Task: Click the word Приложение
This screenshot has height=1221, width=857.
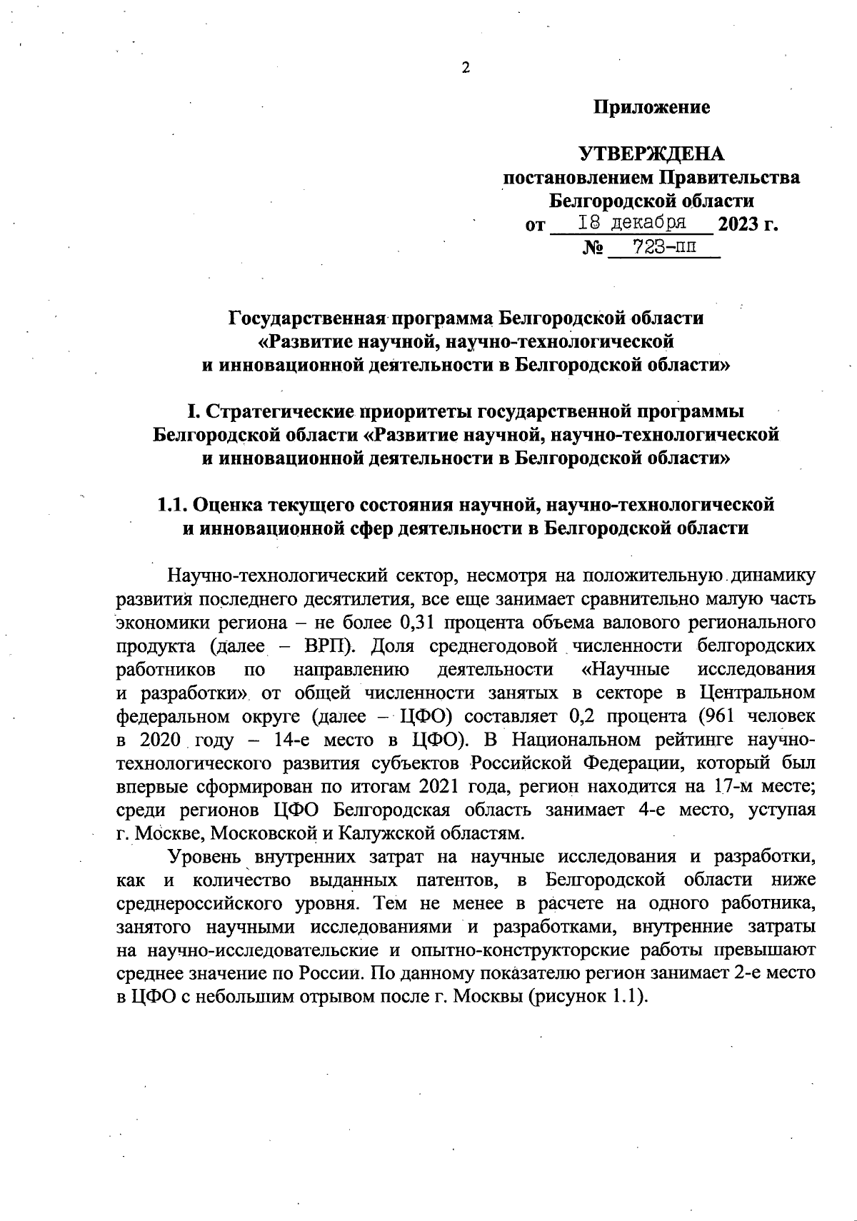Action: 651,108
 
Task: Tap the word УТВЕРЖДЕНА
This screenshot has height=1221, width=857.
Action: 651,154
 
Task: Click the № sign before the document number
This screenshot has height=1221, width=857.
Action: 593,249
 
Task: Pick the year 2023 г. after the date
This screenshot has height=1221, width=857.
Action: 747,226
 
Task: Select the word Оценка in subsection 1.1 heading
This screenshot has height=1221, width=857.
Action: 228,505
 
